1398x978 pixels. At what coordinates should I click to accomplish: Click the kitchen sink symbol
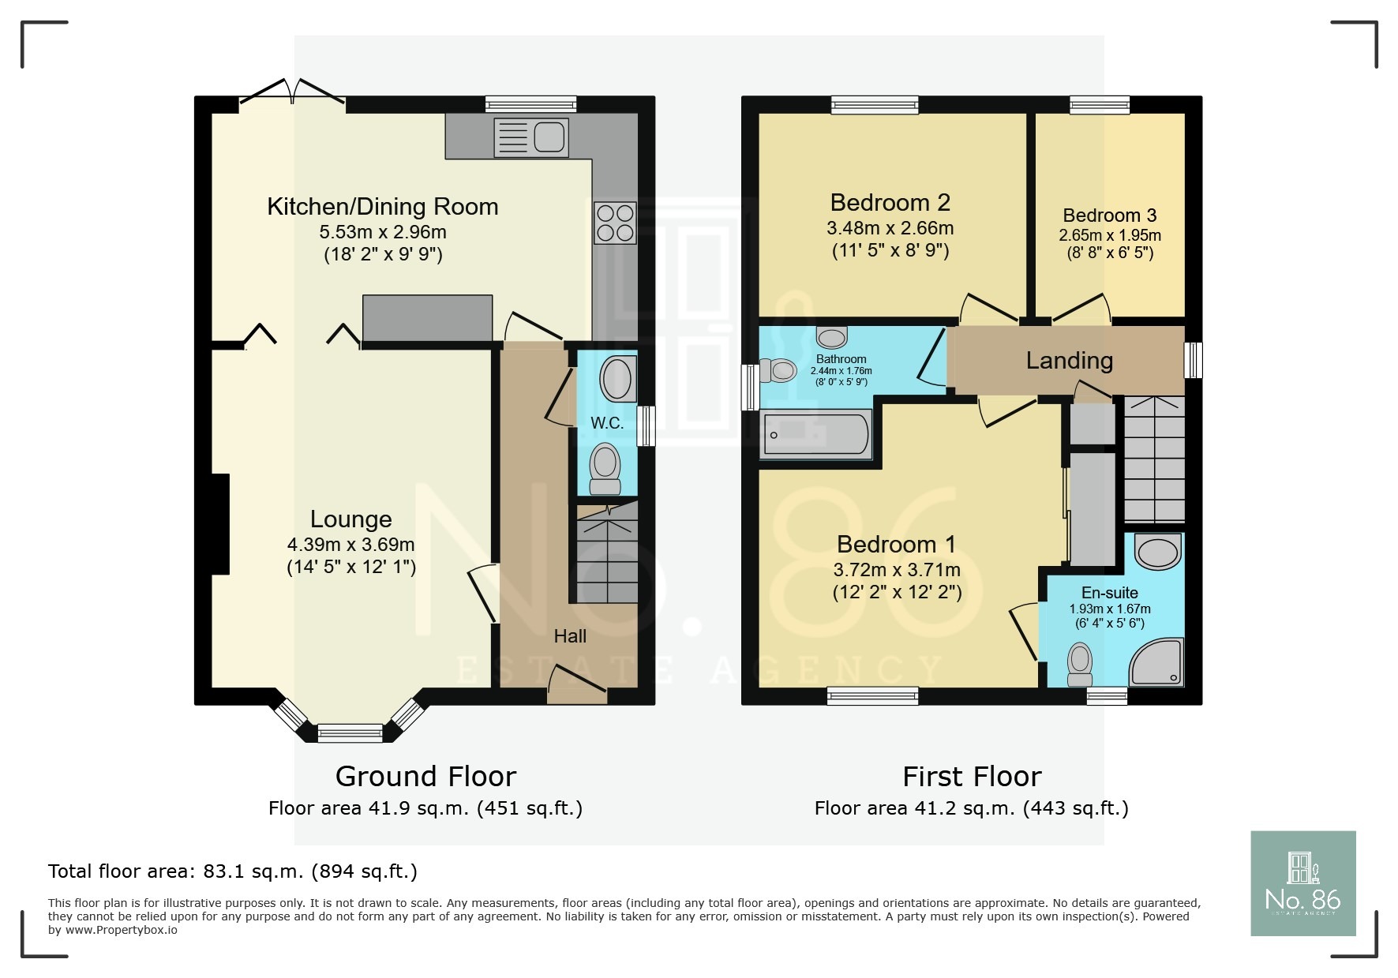530,137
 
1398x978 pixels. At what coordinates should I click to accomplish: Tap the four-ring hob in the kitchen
615,223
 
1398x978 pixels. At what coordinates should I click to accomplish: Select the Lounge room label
350,519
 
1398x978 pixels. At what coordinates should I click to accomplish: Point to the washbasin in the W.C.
617,380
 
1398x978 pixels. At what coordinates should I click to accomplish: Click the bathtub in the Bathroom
815,434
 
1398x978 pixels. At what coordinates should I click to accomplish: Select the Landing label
1069,361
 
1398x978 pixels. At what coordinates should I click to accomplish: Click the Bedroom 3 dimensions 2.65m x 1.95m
1109,235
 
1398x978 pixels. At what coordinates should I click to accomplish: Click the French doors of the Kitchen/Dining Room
292,93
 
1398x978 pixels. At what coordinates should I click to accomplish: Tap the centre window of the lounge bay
350,734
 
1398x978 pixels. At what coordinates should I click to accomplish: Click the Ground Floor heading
425,777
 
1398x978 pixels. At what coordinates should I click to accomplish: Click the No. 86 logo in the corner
1302,883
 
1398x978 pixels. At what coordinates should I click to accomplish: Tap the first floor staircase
1153,460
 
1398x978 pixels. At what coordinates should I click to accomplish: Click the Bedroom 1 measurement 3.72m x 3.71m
897,570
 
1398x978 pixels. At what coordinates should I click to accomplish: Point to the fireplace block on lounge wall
220,523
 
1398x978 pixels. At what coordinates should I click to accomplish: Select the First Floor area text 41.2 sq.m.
971,808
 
